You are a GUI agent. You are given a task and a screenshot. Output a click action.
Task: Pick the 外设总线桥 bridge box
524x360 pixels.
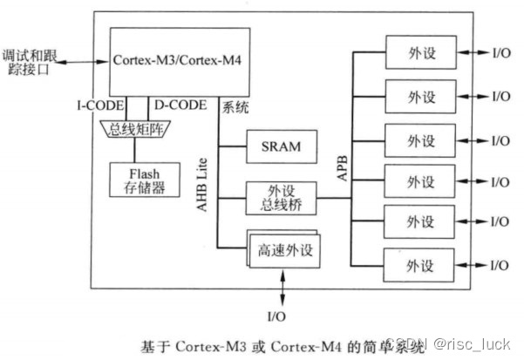point(280,198)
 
